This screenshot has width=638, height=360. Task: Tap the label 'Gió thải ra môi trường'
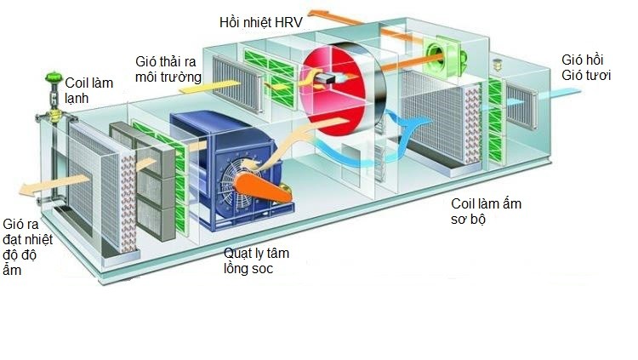click(168, 70)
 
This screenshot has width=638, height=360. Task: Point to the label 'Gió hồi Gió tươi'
click(583, 69)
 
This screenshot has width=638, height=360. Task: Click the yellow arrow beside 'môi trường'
click(222, 82)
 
